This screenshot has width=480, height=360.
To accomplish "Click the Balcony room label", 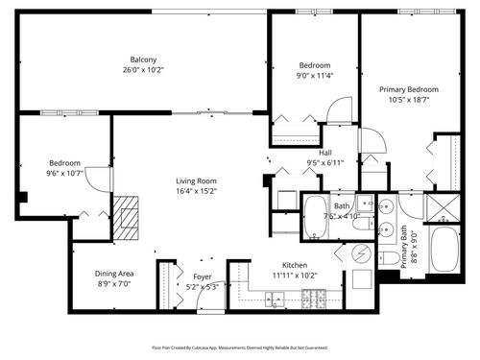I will (x=143, y=60).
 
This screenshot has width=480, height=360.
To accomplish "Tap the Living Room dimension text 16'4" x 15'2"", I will (x=196, y=191).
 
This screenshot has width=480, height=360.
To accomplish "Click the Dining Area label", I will (x=113, y=274).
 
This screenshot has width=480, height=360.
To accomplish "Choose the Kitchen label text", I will (x=294, y=265).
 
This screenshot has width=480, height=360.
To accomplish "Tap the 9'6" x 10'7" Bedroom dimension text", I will (x=64, y=173).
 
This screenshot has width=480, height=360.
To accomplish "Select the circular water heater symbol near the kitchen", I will (x=363, y=254).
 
